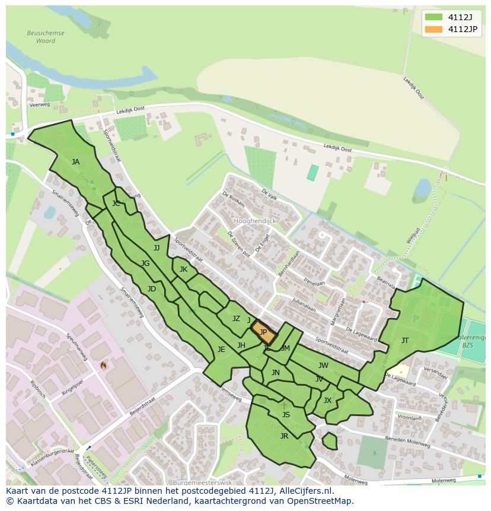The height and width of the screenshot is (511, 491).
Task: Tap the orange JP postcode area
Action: pos(264,332)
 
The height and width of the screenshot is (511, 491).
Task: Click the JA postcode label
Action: pos(75,161)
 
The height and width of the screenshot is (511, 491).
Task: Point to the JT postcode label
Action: pos(405,341)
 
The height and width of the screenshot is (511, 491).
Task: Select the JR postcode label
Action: pos(284,436)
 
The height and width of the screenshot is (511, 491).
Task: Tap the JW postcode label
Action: pos(323,366)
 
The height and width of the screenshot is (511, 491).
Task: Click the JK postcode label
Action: pos(183,269)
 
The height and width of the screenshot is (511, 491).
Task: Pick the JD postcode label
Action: pos(152,289)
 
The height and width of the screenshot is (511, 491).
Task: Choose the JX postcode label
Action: pos(327,401)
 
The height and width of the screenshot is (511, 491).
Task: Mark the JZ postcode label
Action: pos(236,319)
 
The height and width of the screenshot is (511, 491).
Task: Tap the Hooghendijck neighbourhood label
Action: pos(255,221)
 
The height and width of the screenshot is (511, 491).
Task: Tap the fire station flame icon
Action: pos(103,365)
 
